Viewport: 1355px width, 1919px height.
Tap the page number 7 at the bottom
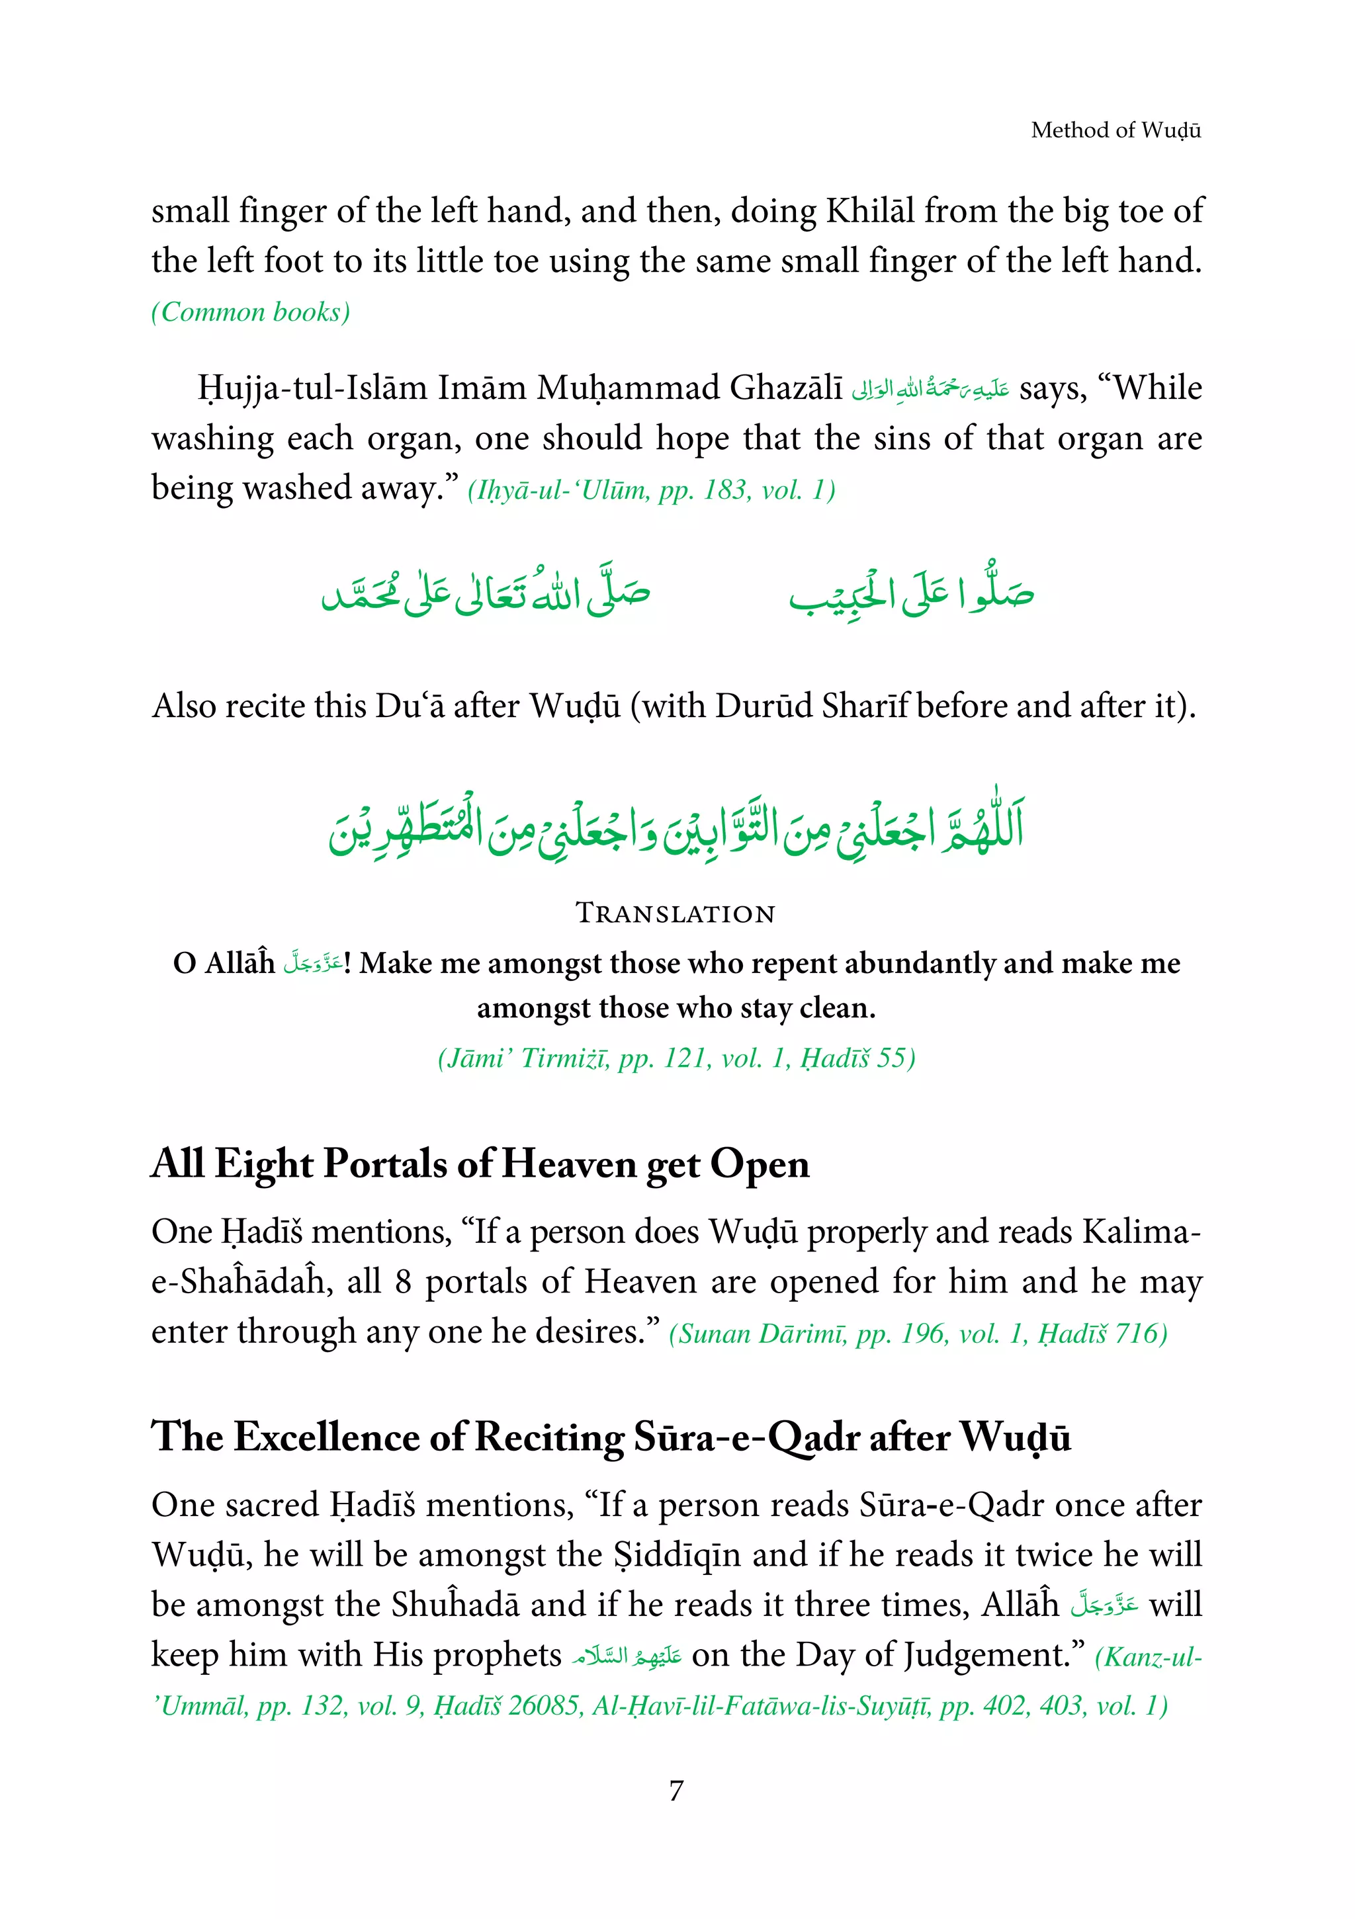[676, 1791]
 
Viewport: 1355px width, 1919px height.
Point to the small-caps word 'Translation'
[676, 913]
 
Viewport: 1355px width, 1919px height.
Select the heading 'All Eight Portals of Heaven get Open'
[480, 1164]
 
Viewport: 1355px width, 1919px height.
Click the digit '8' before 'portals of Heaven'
[403, 1282]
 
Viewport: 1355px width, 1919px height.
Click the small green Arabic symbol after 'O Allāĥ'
[311, 963]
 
